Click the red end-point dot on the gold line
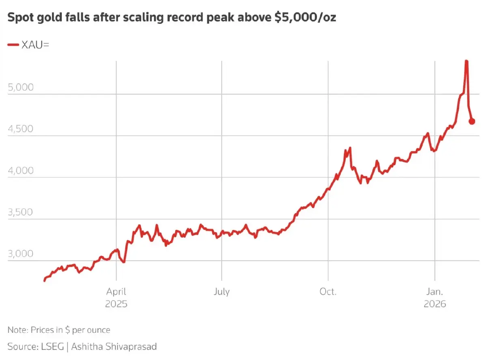[x=472, y=121]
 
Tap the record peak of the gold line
[x=467, y=61]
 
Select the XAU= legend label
[x=35, y=45]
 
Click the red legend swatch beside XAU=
[x=13, y=45]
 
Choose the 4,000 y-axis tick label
[x=20, y=170]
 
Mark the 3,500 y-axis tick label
[x=20, y=212]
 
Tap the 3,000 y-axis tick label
[x=20, y=254]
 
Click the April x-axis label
[x=116, y=292]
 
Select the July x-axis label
[x=222, y=292]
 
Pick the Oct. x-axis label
[x=328, y=292]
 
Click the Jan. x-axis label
[x=435, y=292]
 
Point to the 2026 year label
[x=435, y=304]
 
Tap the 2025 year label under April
[x=116, y=304]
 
